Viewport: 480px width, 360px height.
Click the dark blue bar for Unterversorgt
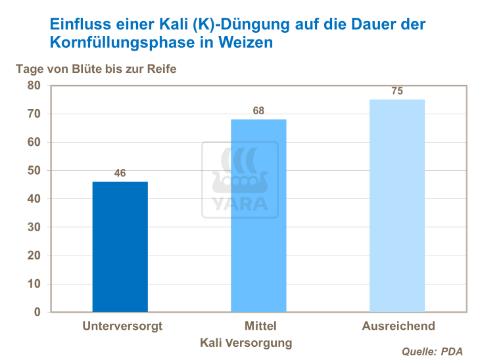pos(120,246)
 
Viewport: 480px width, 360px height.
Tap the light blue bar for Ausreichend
pos(397,206)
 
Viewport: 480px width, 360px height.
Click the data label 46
pos(120,173)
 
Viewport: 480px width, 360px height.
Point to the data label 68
pos(258,111)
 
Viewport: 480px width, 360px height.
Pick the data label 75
pos(397,91)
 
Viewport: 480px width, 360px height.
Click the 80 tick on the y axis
pos(34,85)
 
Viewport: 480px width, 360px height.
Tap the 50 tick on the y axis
pos(34,171)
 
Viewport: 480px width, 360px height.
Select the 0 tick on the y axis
pos(37,312)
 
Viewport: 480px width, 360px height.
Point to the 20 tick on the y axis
pos(34,256)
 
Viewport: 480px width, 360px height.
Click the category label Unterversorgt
pos(122,326)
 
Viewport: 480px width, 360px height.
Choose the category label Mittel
pos(260,326)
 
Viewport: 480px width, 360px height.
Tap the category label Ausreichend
pos(398,326)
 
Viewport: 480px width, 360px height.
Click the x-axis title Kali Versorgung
pos(246,343)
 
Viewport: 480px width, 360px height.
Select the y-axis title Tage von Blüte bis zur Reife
pos(96,69)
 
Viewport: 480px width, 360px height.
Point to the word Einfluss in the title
pos(78,25)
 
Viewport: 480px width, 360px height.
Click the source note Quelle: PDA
pos(432,351)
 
